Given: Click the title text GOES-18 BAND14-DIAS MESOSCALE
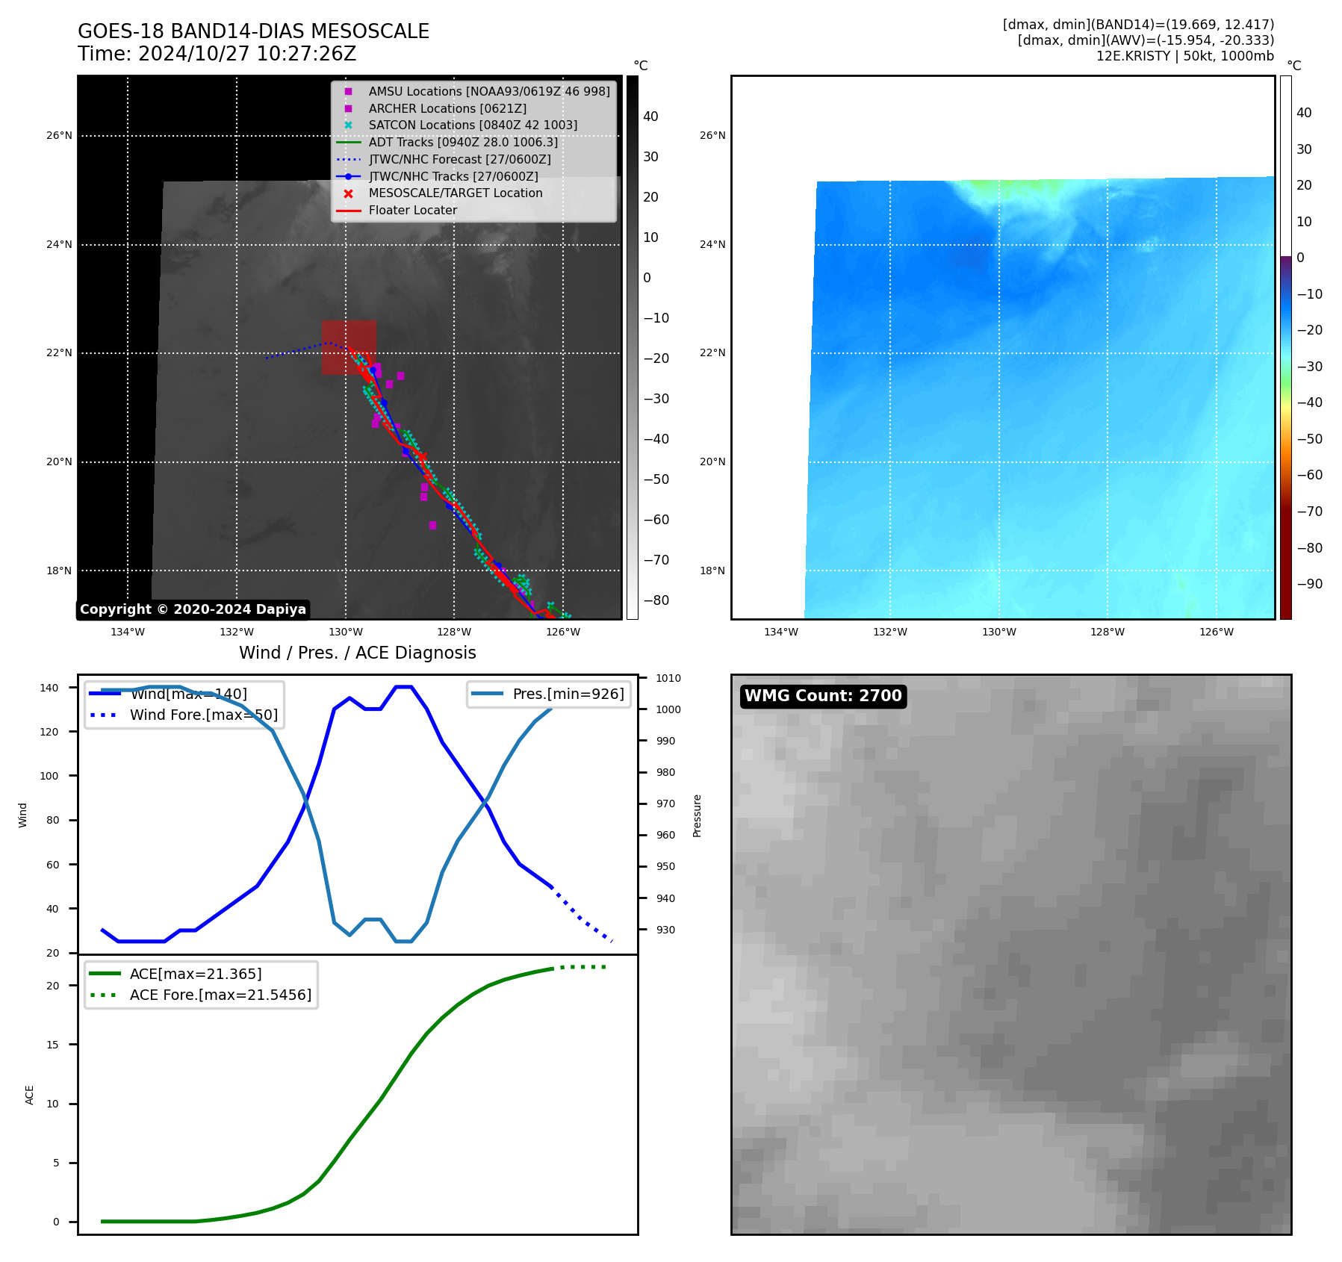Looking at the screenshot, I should [x=253, y=31].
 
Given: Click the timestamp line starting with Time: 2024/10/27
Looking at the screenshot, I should [x=217, y=54].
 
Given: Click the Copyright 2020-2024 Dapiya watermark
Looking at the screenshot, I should [x=193, y=609].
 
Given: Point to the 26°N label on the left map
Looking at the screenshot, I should [x=59, y=136].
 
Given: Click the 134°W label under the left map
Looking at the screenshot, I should [x=128, y=632].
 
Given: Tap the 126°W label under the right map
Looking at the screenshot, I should [x=1216, y=632].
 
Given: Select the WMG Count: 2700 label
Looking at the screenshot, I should [x=823, y=696].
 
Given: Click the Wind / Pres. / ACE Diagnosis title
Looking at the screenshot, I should [x=357, y=653].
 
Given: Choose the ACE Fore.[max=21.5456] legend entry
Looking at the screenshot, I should [x=220, y=995].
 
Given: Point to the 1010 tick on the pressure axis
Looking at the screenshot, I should [x=668, y=678].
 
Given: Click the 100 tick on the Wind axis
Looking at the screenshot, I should [x=49, y=776].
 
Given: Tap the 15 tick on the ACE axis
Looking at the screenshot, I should [x=52, y=1045].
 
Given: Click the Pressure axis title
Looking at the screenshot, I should [x=697, y=815].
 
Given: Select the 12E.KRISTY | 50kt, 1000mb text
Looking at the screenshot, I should [x=1184, y=56].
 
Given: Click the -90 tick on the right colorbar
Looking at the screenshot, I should [x=1309, y=584].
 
